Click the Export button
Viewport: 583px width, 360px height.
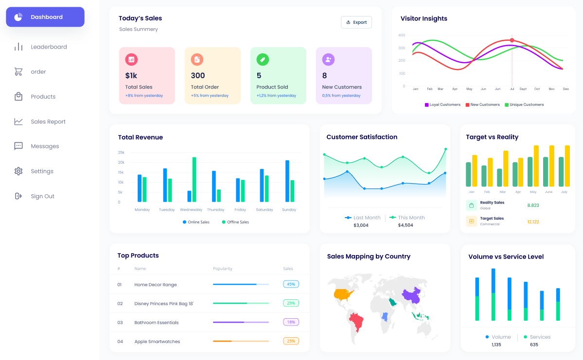coord(356,22)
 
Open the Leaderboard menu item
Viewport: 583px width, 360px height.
coord(49,47)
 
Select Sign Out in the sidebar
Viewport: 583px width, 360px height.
coord(42,196)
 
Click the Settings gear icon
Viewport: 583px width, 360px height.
coord(18,171)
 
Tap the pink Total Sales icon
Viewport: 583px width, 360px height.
coord(131,60)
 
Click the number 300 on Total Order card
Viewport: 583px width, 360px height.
coord(198,75)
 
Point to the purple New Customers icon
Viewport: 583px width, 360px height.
coord(328,60)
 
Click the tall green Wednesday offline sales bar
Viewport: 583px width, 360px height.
coord(194,179)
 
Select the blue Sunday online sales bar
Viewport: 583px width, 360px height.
coord(287,181)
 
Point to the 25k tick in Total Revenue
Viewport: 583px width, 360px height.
coord(121,153)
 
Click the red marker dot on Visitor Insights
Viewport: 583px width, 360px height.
coord(512,40)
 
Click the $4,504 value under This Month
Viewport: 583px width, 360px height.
coord(405,225)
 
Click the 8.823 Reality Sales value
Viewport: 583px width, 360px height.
coord(533,206)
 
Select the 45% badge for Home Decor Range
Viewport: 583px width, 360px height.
coord(291,284)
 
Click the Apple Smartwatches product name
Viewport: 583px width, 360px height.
coord(157,342)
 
